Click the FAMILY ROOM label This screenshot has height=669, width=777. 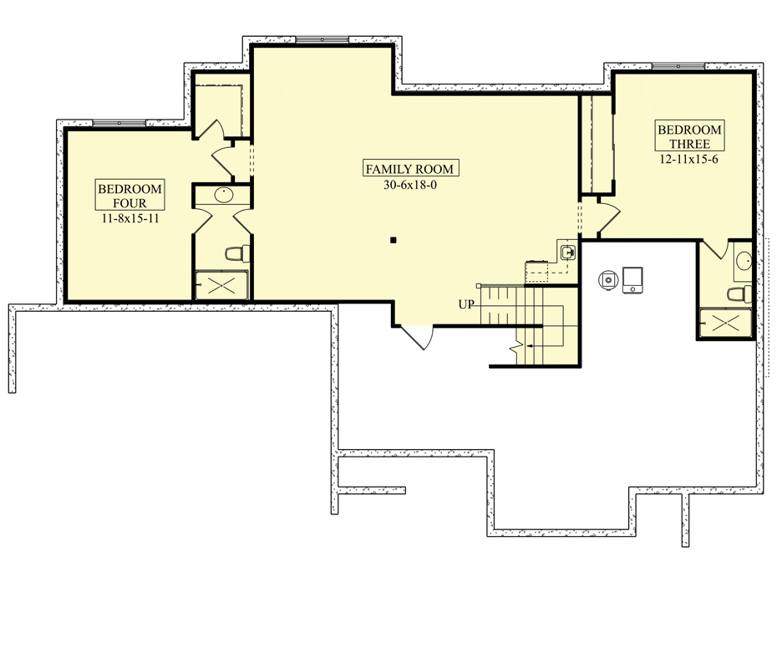point(411,169)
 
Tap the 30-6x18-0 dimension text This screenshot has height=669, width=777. point(410,185)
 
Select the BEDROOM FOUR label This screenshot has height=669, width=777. point(129,196)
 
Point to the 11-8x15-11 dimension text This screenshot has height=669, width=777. point(130,218)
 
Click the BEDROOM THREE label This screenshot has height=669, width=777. point(689,136)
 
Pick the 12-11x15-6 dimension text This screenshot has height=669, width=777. point(688,159)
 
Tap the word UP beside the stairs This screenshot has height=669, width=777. point(466,304)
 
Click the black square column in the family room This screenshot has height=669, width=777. point(394,241)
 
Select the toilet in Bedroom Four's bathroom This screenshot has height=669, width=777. point(238,254)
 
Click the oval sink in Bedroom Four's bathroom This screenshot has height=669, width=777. point(223,195)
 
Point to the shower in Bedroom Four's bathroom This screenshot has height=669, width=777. point(221,285)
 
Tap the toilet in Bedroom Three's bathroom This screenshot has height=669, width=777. point(739,294)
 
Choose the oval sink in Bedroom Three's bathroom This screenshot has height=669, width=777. point(744,260)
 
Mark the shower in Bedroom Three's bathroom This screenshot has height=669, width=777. point(725,323)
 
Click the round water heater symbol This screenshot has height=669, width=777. point(608,280)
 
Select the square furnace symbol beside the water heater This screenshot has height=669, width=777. point(632,279)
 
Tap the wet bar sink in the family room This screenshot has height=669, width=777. point(568,253)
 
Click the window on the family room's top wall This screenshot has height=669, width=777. point(322,39)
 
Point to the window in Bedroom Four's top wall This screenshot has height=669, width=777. point(119,123)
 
